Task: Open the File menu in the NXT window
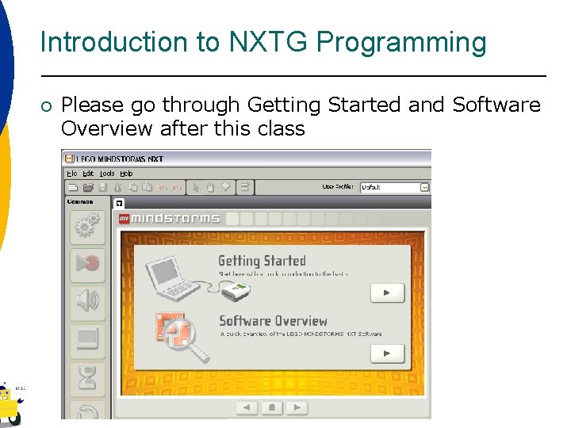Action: coord(72,174)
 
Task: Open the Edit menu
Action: coord(88,174)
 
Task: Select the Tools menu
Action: coord(107,174)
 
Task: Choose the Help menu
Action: coord(126,174)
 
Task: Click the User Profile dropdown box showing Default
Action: coord(394,188)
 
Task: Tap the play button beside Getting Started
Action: coord(387,293)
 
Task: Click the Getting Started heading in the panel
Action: coord(262,261)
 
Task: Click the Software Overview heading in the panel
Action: coord(273,321)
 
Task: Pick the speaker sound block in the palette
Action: coord(87,302)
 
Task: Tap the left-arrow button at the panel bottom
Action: coord(247,408)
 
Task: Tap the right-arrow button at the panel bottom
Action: coord(297,408)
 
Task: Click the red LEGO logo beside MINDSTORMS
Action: coord(124,219)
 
